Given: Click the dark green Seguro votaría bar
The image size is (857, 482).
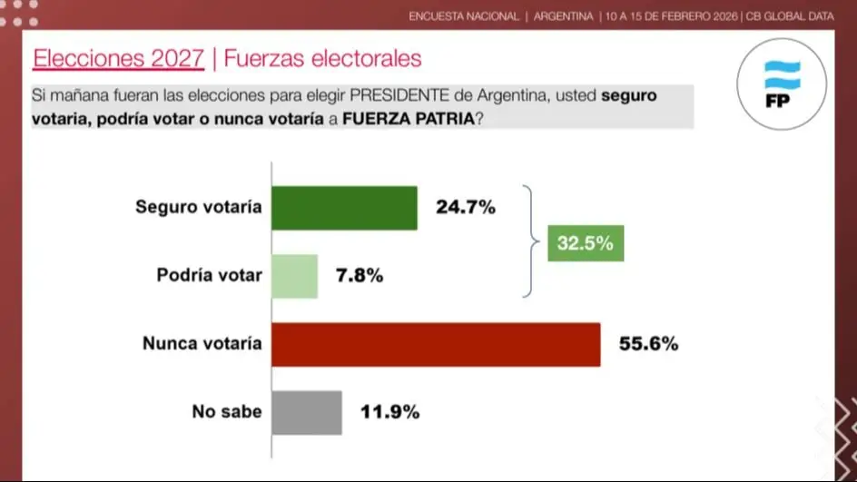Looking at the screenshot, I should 344,208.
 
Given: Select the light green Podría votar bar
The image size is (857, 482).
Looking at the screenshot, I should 294,276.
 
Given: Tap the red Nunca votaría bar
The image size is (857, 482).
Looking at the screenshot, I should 436,344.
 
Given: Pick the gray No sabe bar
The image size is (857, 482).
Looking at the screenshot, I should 306,412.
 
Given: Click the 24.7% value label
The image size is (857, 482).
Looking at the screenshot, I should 466,208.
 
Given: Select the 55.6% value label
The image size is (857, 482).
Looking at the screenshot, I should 648,344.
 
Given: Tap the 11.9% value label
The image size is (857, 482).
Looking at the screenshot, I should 389,412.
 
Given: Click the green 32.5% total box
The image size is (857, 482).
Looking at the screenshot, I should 586,243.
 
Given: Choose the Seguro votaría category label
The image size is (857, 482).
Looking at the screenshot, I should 199,207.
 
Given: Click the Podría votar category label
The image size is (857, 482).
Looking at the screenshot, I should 209,275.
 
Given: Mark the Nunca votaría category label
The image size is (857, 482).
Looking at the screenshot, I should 202,343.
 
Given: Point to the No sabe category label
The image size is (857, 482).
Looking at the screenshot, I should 227,411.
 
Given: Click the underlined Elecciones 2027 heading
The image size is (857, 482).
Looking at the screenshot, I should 118,59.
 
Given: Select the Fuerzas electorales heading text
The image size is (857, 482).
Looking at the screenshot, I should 322,59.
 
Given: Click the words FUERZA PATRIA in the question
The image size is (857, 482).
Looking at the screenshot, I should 408,119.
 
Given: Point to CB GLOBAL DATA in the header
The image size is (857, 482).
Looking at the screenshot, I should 789,16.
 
